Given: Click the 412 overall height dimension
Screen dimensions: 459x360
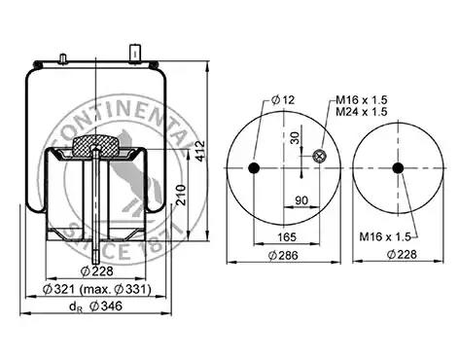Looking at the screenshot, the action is coord(200,151).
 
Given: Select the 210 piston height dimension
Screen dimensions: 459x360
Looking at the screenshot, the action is coord(181,195).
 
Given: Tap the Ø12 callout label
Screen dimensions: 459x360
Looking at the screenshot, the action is coord(283,100).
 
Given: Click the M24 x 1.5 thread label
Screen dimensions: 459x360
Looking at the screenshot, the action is coord(362,112).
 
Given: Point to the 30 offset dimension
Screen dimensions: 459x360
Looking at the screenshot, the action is coord(296,138).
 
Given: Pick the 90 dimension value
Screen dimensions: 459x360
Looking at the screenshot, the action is coord(301,200).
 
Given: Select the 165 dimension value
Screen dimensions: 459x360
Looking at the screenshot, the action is coord(287,237).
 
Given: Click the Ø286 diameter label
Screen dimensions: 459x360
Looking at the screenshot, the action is coord(283,256).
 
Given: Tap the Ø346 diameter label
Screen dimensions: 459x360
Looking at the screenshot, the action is coord(106,306).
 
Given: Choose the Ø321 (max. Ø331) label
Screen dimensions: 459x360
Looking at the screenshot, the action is coord(97,289).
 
